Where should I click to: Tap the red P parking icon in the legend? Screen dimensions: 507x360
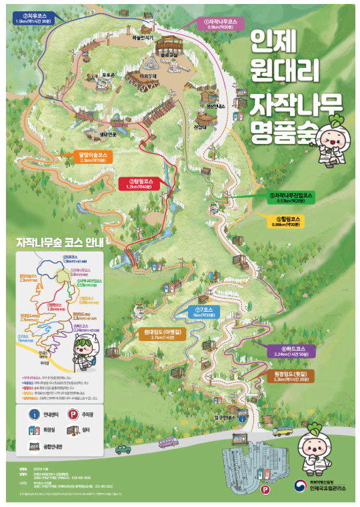pyautogui.click(x=73, y=414)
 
